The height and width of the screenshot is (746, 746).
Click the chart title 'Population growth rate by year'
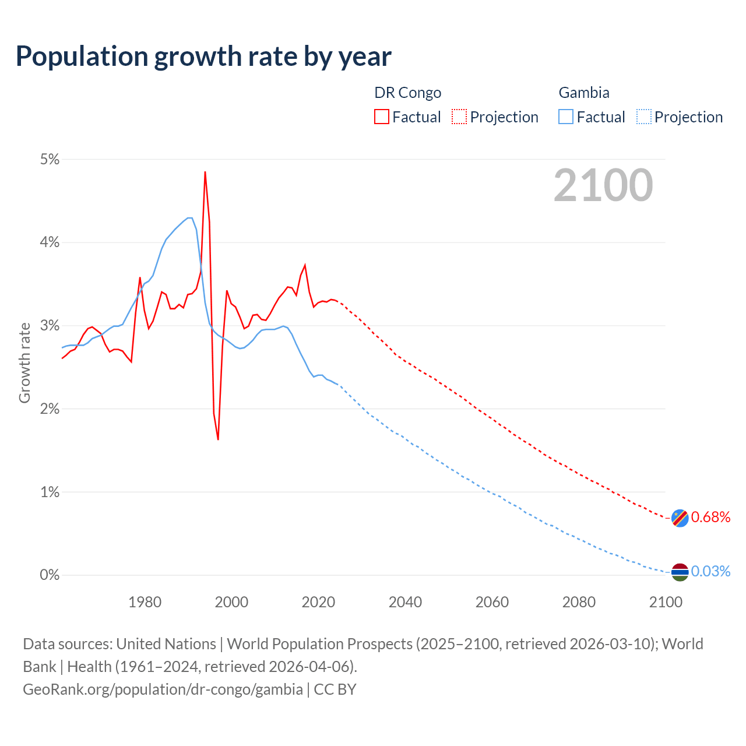tap(203, 57)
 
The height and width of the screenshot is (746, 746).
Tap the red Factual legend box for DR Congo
tap(382, 117)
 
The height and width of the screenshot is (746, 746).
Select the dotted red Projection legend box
tap(459, 117)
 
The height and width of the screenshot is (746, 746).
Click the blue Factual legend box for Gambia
tap(566, 117)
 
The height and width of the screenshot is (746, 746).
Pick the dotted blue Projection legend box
tap(643, 117)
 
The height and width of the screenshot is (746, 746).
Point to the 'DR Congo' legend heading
tap(407, 93)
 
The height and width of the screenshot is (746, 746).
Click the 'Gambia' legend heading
tap(584, 93)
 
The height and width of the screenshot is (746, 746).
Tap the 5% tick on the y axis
tap(50, 159)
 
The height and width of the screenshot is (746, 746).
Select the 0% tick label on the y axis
tap(50, 575)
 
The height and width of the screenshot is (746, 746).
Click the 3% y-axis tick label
tap(50, 326)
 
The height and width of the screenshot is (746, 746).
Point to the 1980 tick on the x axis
tap(145, 602)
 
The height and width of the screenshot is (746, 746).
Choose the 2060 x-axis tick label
tap(492, 602)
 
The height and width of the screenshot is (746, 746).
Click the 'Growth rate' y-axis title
tap(24, 363)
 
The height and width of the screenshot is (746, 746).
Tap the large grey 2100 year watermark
tap(603, 185)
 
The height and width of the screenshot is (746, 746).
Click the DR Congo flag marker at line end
tap(680, 518)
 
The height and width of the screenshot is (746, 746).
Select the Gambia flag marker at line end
tap(680, 572)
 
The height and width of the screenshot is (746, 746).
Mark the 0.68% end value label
tap(710, 518)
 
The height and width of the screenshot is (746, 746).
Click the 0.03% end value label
tap(710, 572)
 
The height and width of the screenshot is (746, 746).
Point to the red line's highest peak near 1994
tap(205, 172)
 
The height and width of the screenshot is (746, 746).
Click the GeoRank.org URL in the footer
tap(163, 689)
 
